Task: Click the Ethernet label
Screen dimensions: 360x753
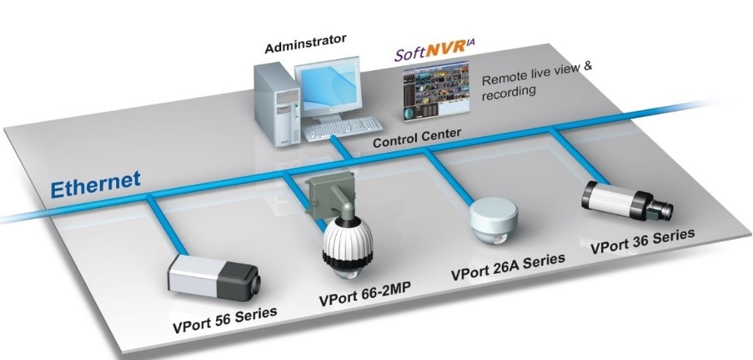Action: coord(96,182)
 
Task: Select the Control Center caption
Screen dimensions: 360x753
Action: coord(417,138)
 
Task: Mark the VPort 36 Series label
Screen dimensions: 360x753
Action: coord(642,241)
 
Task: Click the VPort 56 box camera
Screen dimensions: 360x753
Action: coord(213,275)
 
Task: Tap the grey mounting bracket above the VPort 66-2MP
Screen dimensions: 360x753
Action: coord(329,196)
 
